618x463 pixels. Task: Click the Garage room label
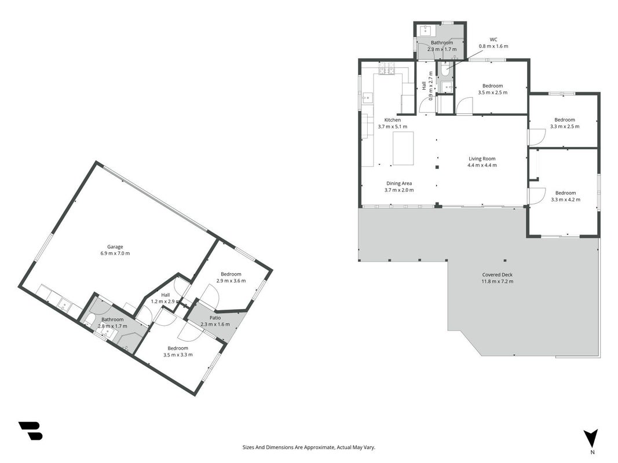click(x=115, y=247)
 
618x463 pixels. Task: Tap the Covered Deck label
click(x=497, y=275)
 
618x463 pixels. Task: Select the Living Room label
click(x=482, y=159)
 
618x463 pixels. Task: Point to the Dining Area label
click(x=399, y=183)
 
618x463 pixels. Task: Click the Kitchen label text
click(x=393, y=120)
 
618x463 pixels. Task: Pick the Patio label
click(x=215, y=318)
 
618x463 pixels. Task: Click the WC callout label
click(x=493, y=39)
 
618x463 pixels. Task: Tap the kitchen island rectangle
click(x=403, y=148)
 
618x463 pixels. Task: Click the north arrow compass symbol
click(x=591, y=439)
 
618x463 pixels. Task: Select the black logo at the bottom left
click(x=30, y=431)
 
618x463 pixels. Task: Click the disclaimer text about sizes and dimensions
click(x=309, y=447)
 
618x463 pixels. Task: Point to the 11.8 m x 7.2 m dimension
click(x=497, y=281)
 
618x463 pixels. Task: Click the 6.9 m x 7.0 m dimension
click(x=115, y=253)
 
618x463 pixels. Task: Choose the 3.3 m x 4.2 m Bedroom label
click(x=565, y=196)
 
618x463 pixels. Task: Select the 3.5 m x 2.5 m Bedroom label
click(x=493, y=89)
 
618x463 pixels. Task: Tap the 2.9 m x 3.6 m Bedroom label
click(x=231, y=277)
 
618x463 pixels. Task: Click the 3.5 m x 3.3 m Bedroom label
click(x=178, y=351)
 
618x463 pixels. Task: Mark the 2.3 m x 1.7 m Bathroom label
click(x=442, y=46)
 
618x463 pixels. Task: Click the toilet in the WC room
click(x=445, y=69)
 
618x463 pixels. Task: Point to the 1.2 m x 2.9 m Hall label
click(x=166, y=298)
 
